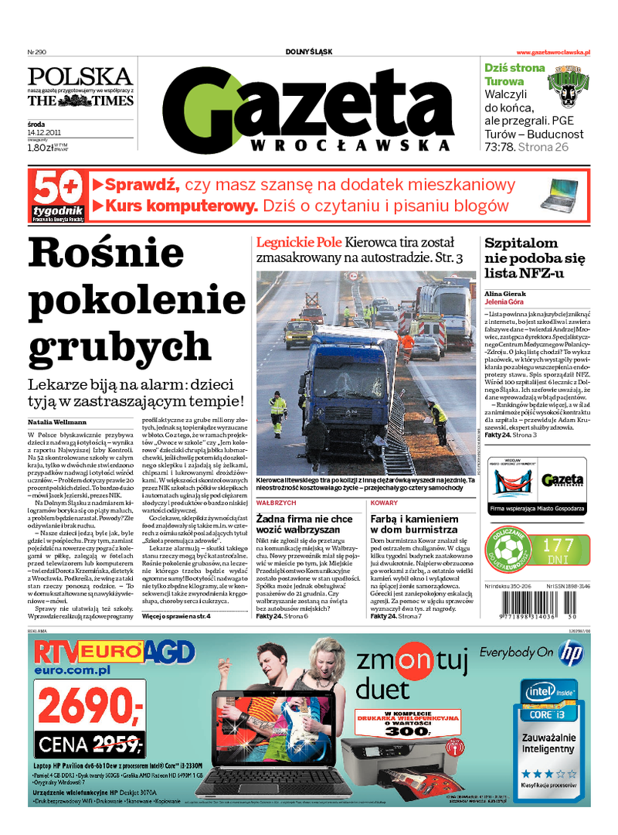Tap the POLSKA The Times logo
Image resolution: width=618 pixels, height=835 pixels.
pyautogui.click(x=80, y=87)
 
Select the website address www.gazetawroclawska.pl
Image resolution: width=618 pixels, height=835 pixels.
pyautogui.click(x=553, y=53)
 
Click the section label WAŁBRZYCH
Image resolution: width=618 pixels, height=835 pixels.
pyautogui.click(x=277, y=503)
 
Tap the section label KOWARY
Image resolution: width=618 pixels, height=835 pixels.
pyautogui.click(x=385, y=503)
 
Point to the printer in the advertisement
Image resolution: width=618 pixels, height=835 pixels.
pyautogui.click(x=386, y=762)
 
